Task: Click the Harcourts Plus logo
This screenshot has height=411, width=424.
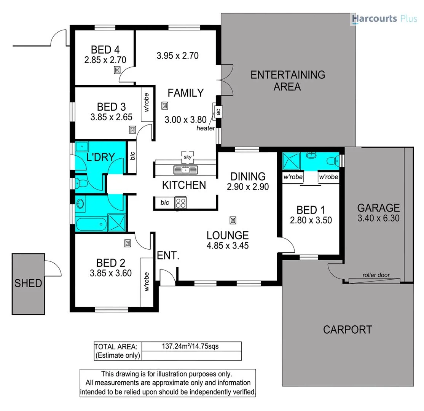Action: (384, 18)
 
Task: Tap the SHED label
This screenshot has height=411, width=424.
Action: (29, 283)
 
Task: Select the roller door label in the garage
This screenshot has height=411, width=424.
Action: (376, 275)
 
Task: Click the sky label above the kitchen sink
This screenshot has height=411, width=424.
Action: (187, 157)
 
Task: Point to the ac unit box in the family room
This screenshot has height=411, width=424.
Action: (218, 112)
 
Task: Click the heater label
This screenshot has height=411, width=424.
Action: (206, 128)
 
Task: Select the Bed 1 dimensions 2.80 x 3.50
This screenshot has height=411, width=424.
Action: (311, 220)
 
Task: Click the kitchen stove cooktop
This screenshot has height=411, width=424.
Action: (180, 202)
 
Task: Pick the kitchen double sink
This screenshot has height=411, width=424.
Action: (185, 170)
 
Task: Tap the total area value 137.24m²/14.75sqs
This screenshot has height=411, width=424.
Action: (190, 346)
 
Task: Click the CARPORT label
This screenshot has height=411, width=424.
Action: (347, 329)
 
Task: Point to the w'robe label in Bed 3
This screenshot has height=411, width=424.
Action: (147, 102)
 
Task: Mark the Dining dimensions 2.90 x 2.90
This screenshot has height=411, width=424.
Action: (248, 187)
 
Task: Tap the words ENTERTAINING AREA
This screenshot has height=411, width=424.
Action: (287, 80)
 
